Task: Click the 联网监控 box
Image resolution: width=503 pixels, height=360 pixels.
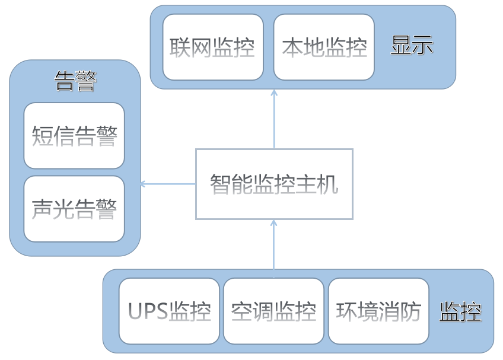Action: coord(212,47)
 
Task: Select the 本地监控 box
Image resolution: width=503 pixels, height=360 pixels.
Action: coord(324,47)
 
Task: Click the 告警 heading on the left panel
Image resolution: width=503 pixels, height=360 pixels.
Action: coord(75,81)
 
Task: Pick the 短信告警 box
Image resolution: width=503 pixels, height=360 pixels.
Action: coord(74,136)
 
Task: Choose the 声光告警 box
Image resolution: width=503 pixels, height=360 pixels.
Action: coord(74,209)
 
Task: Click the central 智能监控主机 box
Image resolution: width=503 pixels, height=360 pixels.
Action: coord(274,184)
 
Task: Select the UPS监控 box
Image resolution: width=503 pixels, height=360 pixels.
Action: coord(169,311)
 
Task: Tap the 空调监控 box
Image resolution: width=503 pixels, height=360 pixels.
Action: coord(273,311)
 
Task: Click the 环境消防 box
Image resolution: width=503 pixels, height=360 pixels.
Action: coord(378,311)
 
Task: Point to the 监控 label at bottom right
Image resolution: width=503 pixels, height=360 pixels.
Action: coord(460,311)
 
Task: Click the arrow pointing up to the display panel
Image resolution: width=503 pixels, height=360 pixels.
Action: coord(274,119)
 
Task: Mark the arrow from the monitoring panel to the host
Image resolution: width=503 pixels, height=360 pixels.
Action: coord(274,244)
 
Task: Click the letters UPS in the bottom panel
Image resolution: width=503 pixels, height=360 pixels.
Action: coord(148,311)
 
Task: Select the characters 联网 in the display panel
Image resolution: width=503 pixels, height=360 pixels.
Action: coord(191,47)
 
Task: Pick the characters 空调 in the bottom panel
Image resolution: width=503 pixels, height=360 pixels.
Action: coord(252,311)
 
